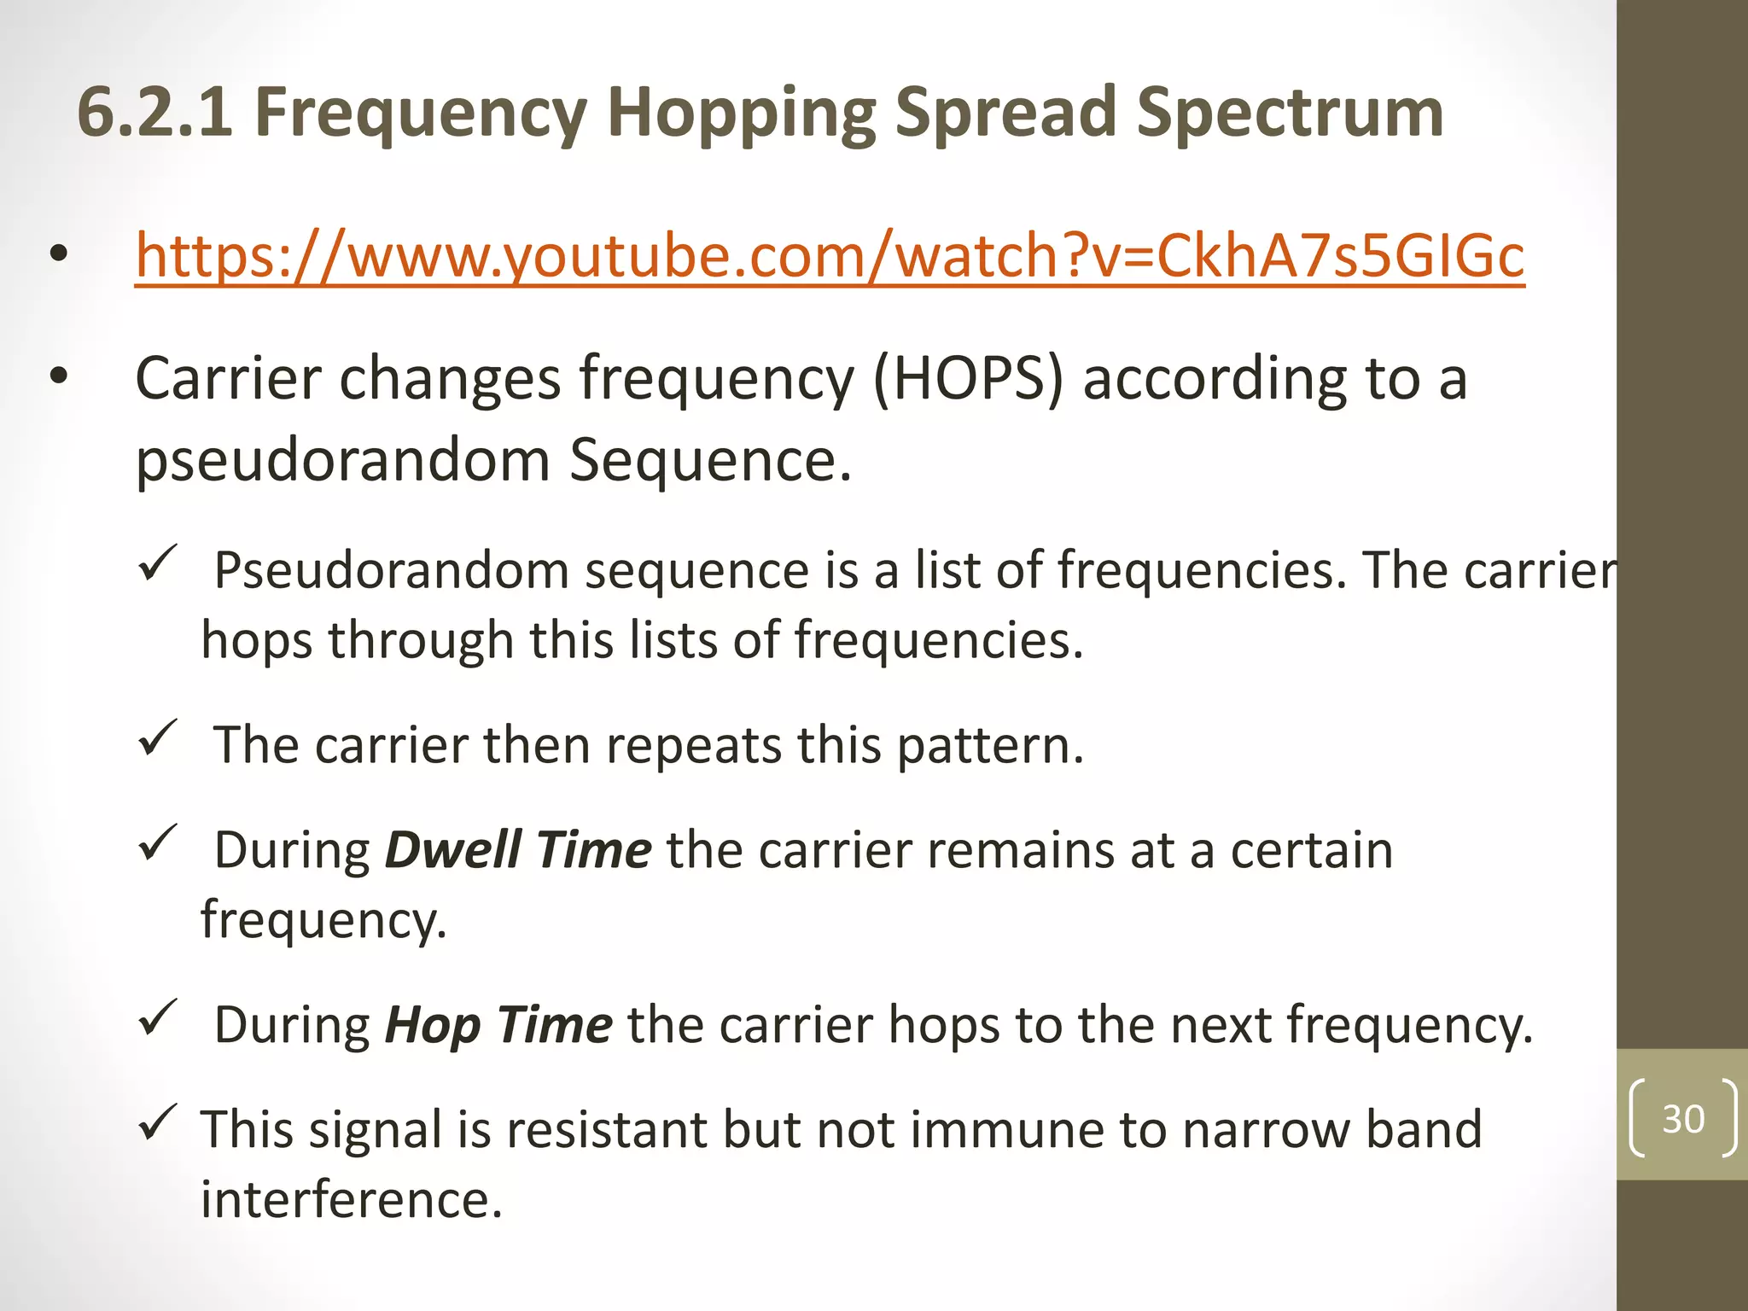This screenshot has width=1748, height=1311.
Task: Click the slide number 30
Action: (1683, 1118)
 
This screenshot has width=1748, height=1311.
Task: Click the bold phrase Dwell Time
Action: (518, 850)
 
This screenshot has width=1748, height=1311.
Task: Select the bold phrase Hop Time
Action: (498, 1024)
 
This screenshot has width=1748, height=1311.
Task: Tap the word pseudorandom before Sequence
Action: (342, 461)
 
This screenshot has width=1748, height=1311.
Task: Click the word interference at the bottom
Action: (351, 1198)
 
